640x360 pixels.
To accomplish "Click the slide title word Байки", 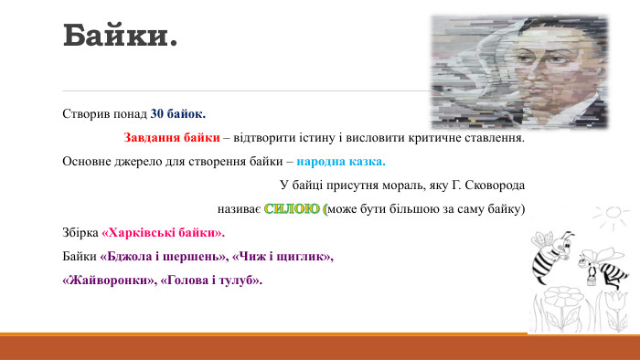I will pyautogui.click(x=119, y=37).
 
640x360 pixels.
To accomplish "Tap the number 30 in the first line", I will pyautogui.click(x=157, y=115).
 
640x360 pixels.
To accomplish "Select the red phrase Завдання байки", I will pyautogui.click(x=172, y=139).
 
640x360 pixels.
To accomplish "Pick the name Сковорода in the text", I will pyautogui.click(x=495, y=185).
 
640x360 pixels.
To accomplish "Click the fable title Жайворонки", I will pyautogui.click(x=106, y=281).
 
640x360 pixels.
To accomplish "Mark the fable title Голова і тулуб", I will pyautogui.click(x=211, y=281).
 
